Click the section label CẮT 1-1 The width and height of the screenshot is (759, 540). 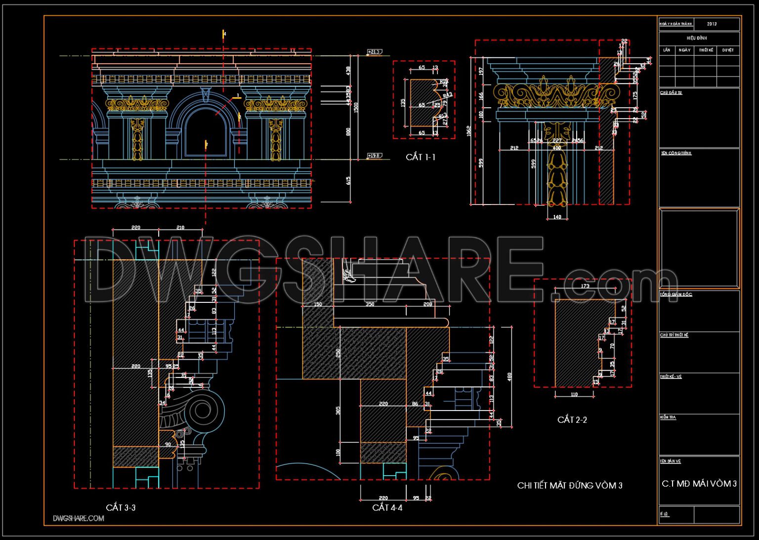421,157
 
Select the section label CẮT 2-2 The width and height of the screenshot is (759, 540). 572,420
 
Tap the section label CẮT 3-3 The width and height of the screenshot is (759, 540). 121,507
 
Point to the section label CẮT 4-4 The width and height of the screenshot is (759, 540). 387,507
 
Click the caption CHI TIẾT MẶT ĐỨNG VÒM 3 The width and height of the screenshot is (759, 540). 570,486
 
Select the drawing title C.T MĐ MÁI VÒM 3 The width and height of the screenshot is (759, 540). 699,484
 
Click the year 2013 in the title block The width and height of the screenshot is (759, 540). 712,24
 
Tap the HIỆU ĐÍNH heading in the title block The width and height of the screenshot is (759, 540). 697,38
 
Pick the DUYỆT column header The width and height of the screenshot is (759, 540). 727,50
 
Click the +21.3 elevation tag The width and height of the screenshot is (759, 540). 374,52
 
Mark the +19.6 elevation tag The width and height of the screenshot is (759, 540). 374,156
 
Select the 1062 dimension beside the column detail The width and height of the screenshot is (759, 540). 468,131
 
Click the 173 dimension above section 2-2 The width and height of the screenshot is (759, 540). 585,286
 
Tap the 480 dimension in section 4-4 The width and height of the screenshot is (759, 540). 509,376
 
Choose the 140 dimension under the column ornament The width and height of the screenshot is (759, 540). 557,217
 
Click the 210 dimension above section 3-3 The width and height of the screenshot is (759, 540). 180,228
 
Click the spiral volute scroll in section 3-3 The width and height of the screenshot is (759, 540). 201,410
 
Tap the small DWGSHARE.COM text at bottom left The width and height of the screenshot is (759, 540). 79,518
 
